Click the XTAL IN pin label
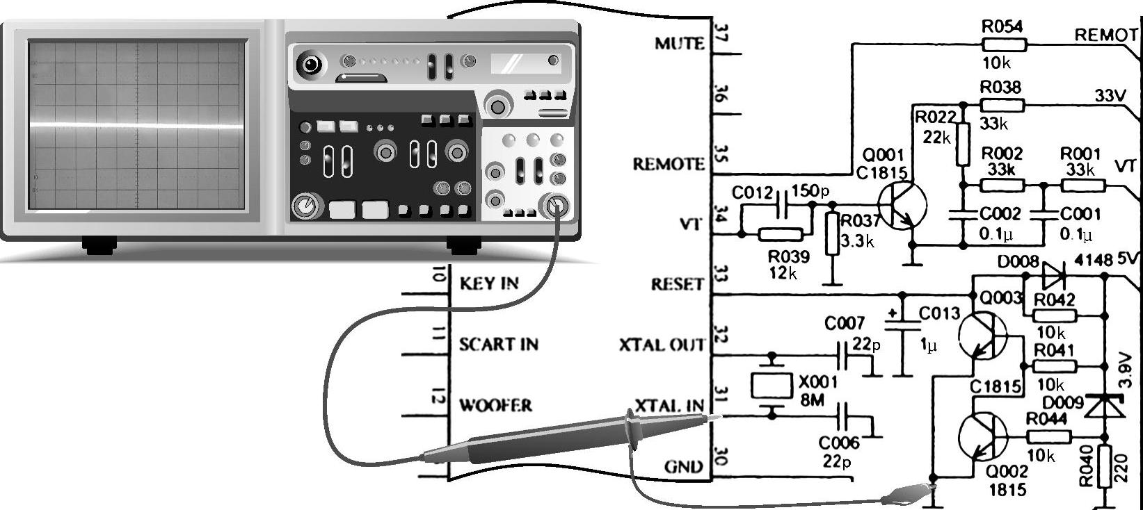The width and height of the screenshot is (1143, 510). coord(669,406)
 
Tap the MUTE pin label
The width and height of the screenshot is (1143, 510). coord(680,44)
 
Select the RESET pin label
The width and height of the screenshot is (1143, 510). coord(678,284)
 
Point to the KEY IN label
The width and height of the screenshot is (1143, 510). coord(489,283)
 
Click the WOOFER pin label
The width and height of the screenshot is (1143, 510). coord(495,405)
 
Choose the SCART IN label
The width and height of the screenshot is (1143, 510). coord(498,344)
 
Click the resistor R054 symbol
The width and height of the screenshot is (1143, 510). coord(1003,45)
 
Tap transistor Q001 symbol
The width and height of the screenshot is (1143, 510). coord(902,204)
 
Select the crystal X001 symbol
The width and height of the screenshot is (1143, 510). coord(772,386)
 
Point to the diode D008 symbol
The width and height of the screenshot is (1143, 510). coord(1054,276)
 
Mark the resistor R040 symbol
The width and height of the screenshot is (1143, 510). coord(1105,467)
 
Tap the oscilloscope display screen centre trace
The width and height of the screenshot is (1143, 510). coord(136,126)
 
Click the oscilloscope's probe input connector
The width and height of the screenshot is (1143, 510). coord(557,206)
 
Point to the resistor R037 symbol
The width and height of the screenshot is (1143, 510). coord(832,234)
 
